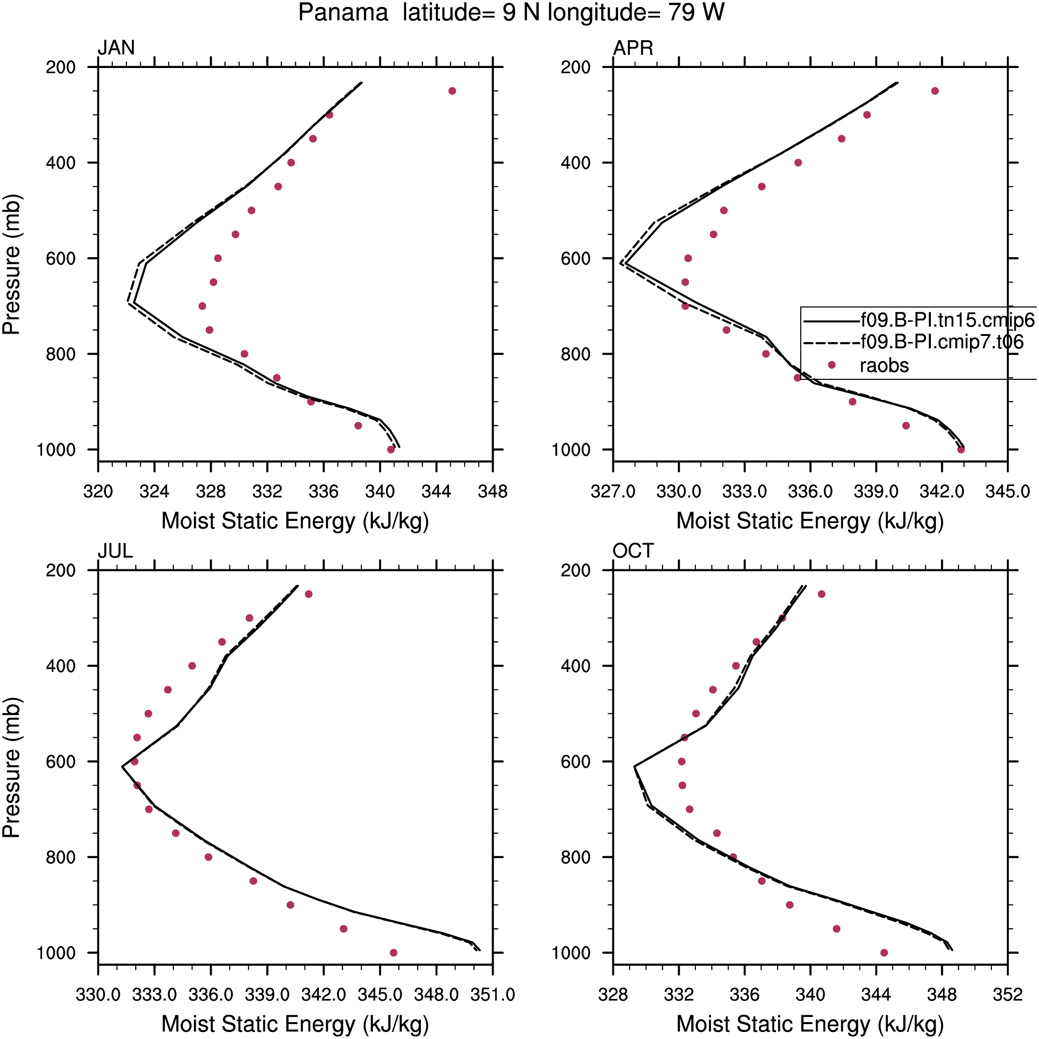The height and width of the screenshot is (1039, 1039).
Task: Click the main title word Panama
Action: point(343,13)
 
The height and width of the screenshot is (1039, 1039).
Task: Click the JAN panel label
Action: point(116,48)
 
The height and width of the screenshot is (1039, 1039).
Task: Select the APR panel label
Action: point(633,48)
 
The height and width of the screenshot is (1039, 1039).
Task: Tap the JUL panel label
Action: point(115,551)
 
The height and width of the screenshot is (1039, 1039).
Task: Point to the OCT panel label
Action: point(633,551)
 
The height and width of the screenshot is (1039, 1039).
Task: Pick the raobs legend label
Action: point(884,366)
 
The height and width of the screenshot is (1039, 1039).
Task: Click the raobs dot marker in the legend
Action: point(831,365)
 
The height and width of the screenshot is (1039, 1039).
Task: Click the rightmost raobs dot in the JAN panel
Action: point(452,91)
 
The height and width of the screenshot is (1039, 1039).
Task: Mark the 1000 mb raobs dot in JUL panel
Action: point(393,953)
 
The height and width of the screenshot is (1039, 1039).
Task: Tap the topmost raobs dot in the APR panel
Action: point(935,91)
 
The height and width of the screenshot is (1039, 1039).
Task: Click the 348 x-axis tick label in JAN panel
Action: point(492,492)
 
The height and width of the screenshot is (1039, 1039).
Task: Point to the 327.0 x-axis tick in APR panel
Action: point(613,492)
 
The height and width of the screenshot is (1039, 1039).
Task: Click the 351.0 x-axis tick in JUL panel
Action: point(492,995)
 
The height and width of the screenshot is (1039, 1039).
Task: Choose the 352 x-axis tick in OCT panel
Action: point(1007,995)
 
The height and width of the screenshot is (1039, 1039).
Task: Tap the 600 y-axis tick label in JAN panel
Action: point(61,259)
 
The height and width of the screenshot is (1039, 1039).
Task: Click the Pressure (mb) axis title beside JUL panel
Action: point(11,767)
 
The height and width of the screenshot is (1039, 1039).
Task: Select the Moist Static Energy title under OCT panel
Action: point(810,1024)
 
